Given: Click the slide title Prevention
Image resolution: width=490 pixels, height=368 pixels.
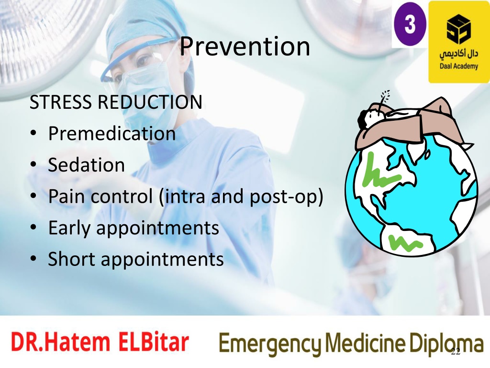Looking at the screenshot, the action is [x=245, y=46].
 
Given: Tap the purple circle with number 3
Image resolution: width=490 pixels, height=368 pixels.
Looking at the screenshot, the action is [x=410, y=24].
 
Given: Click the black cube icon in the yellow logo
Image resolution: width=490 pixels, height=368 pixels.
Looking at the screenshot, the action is [x=458, y=29].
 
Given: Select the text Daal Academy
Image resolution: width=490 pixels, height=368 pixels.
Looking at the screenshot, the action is [x=459, y=66].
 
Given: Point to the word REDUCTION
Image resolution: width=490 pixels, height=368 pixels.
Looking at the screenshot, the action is [x=150, y=102].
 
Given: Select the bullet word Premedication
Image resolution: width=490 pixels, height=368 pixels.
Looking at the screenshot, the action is [x=111, y=133].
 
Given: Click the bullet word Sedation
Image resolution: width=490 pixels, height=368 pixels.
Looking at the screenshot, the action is [x=86, y=165].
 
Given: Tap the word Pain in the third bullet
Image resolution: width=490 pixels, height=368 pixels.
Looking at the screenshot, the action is [x=66, y=196].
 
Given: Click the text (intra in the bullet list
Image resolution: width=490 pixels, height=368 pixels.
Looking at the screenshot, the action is [x=182, y=197].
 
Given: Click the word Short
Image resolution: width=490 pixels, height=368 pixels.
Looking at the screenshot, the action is [x=71, y=259].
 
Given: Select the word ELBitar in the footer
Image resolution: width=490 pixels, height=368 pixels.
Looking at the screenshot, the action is [x=154, y=342].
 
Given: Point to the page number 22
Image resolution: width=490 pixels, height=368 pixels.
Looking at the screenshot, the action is [x=456, y=351].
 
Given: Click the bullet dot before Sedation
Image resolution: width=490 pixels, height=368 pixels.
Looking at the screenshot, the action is [x=33, y=165].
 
